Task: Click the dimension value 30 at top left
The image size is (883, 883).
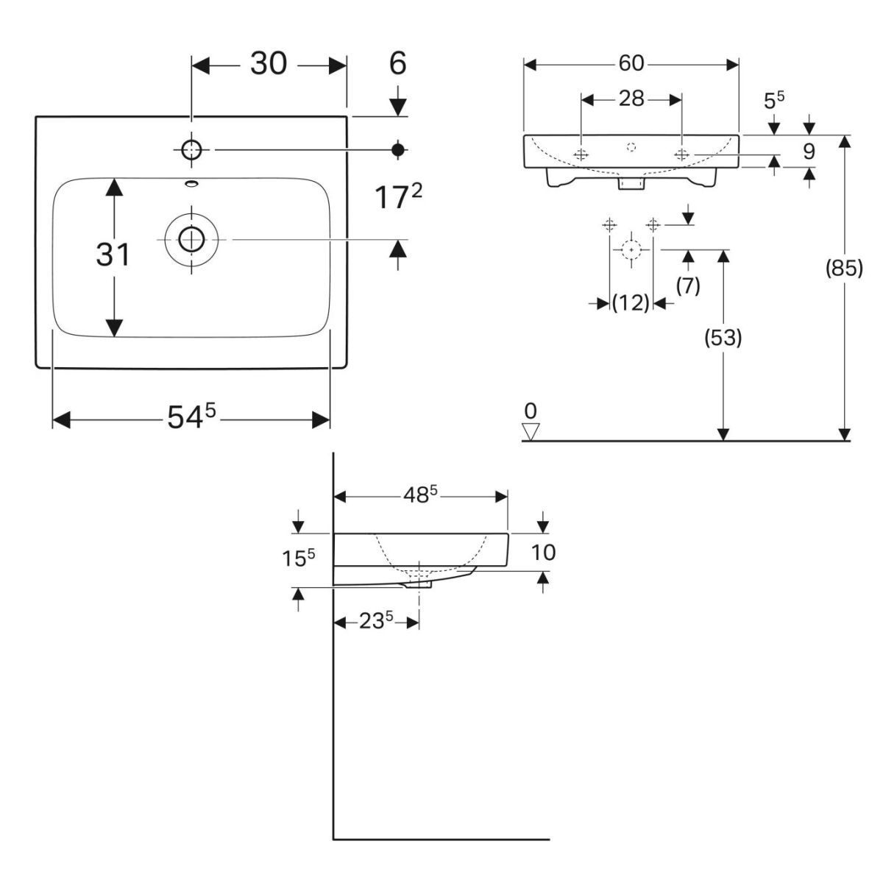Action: (269, 64)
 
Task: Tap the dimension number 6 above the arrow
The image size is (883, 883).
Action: (397, 64)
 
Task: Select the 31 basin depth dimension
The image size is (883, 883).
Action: (113, 255)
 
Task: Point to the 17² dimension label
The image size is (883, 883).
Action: (400, 196)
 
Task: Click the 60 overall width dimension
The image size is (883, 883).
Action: (631, 64)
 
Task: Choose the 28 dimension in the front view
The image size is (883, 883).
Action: (631, 98)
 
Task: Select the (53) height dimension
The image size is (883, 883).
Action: (723, 338)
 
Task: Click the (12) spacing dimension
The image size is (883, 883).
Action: (631, 302)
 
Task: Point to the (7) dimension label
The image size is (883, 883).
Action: (688, 285)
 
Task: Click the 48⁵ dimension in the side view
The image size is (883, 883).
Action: (419, 495)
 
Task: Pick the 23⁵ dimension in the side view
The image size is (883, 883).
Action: (375, 623)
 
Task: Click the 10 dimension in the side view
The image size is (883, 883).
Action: (543, 552)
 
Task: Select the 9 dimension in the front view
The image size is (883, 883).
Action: (809, 152)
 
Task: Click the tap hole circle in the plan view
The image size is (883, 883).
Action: (191, 150)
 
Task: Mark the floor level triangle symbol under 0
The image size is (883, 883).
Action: (531, 430)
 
